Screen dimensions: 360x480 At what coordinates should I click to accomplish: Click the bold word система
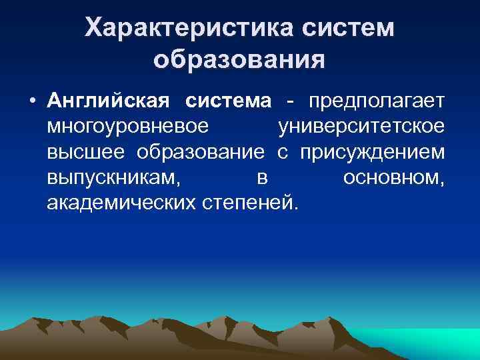pyautogui.click(x=229, y=101)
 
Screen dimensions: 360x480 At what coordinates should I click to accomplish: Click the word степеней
pyautogui.click(x=246, y=201)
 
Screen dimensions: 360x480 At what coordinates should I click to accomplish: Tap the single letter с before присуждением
pyautogui.click(x=282, y=152)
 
